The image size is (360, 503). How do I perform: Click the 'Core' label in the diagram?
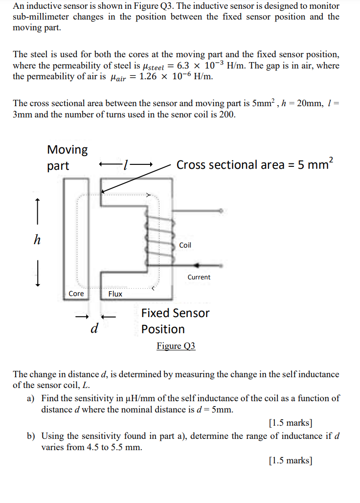[x=76, y=294]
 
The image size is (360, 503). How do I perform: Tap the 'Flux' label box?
[x=115, y=294]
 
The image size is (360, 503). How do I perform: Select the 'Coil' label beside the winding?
[x=185, y=245]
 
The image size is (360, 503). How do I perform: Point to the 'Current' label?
[x=199, y=277]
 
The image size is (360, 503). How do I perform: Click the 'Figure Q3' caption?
[x=176, y=346]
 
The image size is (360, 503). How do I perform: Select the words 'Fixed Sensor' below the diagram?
[x=175, y=313]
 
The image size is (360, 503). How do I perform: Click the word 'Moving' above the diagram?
[x=67, y=149]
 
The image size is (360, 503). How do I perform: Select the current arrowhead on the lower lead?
[x=197, y=265]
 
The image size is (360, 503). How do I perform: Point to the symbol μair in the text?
[x=120, y=77]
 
